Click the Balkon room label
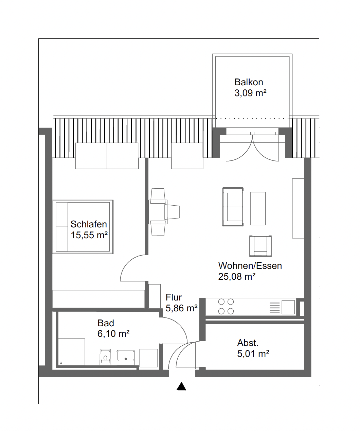pos(249,82)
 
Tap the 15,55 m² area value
pos(89,235)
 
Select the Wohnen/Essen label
pos(250,266)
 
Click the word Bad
pos(106,323)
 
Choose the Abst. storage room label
pos(248,343)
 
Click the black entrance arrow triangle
pos(181,386)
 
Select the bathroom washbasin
pos(126,357)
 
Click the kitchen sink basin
pos(288,307)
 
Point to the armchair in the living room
pos(260,246)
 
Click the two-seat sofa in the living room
pos(233,207)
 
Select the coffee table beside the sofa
pos(258,208)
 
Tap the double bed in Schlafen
pos(83,227)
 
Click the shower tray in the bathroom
pos(72,352)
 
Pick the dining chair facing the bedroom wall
pos(172,212)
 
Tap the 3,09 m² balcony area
pos(250,93)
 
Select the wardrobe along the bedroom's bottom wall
pos(98,299)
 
